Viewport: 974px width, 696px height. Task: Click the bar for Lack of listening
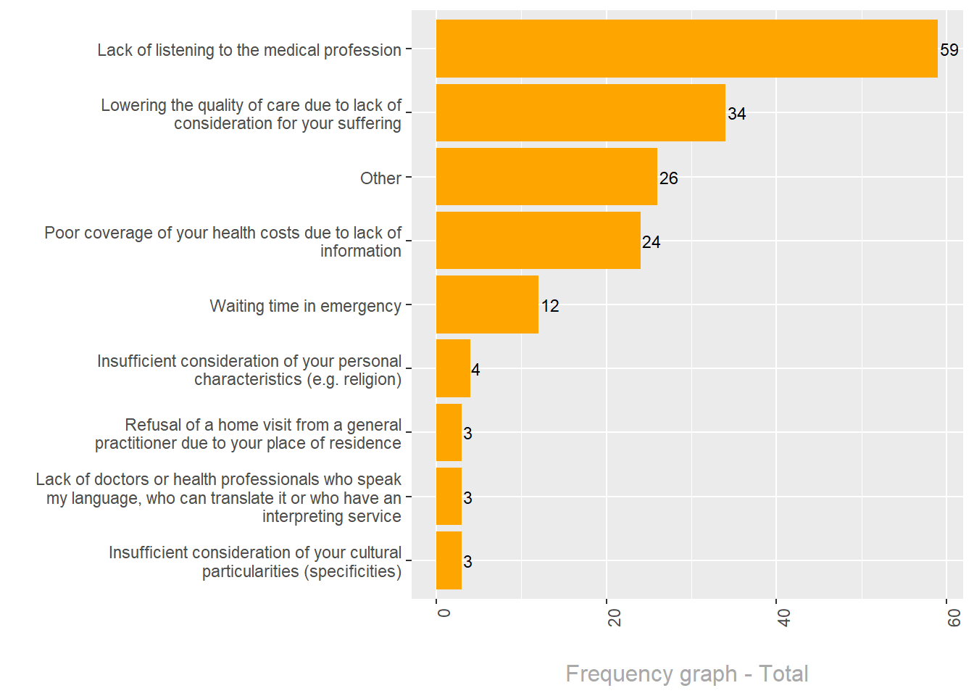click(x=686, y=49)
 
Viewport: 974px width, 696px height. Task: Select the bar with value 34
click(x=580, y=112)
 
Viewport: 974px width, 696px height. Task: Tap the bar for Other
click(x=546, y=177)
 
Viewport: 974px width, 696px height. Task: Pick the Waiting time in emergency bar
click(x=487, y=304)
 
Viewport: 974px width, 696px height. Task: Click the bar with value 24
click(x=538, y=241)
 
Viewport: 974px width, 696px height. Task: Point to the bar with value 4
click(x=453, y=368)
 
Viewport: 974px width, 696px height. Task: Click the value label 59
click(x=949, y=50)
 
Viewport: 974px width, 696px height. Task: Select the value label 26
click(x=668, y=178)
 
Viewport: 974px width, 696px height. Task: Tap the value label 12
click(x=550, y=306)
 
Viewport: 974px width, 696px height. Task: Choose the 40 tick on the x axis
click(x=784, y=617)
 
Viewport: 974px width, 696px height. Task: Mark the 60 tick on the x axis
click(x=954, y=617)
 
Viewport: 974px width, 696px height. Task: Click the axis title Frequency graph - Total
click(x=686, y=674)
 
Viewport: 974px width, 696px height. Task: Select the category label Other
click(x=380, y=178)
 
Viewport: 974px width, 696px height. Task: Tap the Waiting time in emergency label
click(x=305, y=306)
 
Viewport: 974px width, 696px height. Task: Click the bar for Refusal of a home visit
click(x=449, y=432)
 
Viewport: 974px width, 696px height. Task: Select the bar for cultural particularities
click(x=449, y=560)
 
